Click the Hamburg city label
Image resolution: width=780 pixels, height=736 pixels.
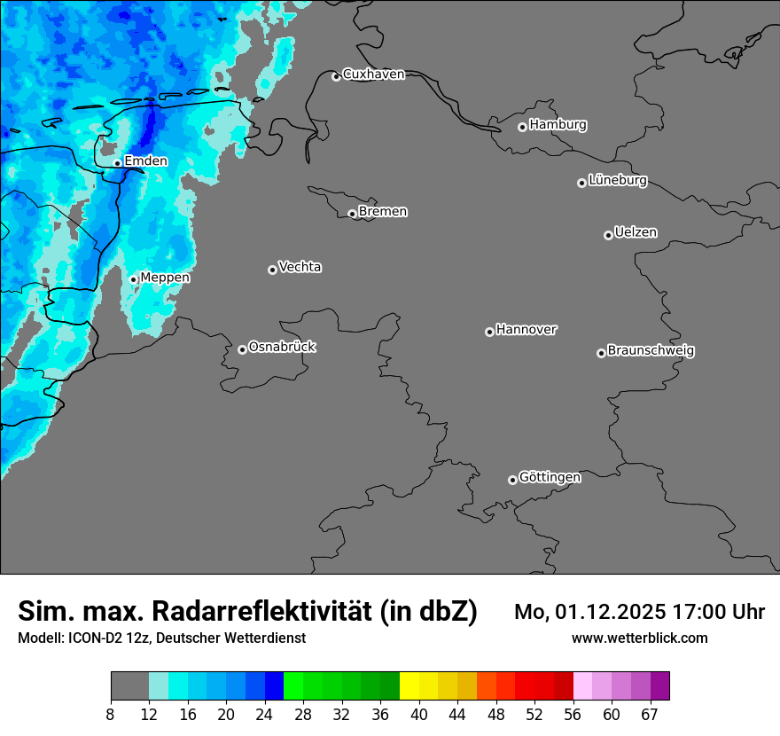click(x=558, y=125)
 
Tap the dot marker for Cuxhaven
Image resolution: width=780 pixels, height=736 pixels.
click(x=336, y=76)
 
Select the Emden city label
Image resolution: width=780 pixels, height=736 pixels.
click(x=145, y=161)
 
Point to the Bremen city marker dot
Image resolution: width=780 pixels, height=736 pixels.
click(x=352, y=214)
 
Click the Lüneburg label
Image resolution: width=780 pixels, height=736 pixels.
click(x=617, y=181)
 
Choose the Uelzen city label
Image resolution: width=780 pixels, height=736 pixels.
click(x=636, y=233)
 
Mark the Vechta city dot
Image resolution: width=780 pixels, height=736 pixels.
click(x=272, y=270)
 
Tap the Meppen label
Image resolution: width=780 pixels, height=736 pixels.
click(x=165, y=278)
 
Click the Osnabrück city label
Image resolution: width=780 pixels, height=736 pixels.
click(x=282, y=348)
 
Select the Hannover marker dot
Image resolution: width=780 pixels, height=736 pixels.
click(x=489, y=332)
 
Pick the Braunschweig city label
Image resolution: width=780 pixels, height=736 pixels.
click(x=651, y=351)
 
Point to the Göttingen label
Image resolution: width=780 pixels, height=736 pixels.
click(x=550, y=478)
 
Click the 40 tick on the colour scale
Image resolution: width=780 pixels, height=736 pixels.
click(x=418, y=715)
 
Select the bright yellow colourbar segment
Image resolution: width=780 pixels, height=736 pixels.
click(x=409, y=686)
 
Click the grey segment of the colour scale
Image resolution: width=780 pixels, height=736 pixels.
click(x=129, y=686)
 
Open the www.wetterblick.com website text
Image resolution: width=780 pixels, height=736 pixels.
click(x=639, y=638)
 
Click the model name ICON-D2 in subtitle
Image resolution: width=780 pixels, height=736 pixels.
click(x=95, y=638)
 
